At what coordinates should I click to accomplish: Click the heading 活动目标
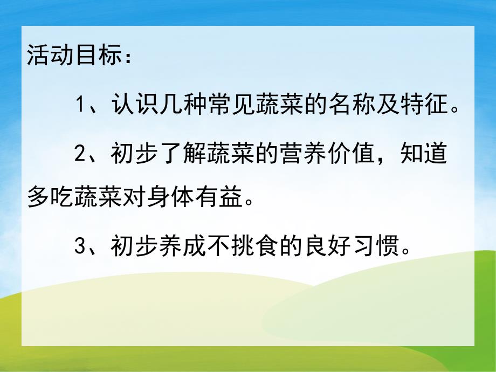(x=70, y=57)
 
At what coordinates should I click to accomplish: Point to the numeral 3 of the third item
(x=80, y=249)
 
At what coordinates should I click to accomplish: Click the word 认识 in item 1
(x=133, y=104)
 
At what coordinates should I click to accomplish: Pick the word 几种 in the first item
(x=176, y=104)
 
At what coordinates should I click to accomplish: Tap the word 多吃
(x=48, y=200)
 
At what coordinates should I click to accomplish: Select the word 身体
(x=157, y=200)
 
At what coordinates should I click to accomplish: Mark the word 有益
(x=202, y=200)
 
